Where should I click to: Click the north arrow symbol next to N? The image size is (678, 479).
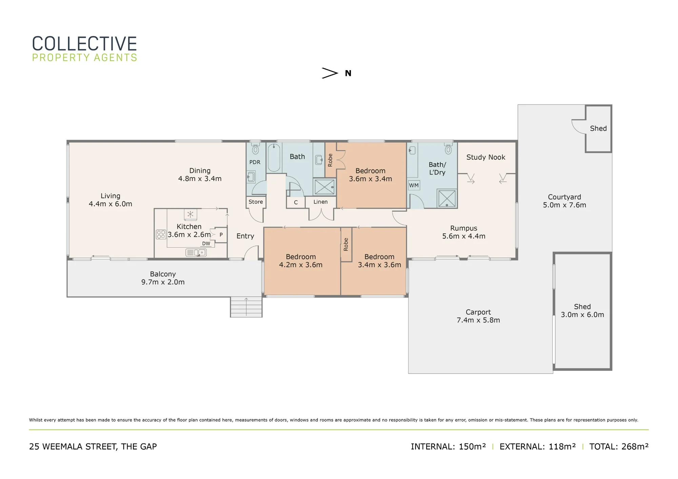tap(330, 73)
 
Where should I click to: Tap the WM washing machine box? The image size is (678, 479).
tap(414, 185)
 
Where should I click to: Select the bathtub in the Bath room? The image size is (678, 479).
tap(274, 158)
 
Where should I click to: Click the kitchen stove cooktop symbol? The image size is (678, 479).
tap(161, 234)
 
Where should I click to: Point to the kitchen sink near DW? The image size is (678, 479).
tap(196, 252)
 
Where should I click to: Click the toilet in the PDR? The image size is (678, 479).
tap(255, 148)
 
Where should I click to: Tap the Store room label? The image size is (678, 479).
tap(256, 202)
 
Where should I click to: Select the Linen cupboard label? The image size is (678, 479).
tap(320, 202)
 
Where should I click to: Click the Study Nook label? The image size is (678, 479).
tap(486, 157)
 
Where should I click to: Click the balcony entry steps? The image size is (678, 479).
tap(246, 307)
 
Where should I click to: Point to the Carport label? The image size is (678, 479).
tap(478, 312)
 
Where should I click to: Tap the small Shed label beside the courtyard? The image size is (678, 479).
tap(598, 128)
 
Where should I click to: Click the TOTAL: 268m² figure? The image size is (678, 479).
tap(619, 446)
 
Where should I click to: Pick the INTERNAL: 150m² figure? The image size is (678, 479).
tap(448, 446)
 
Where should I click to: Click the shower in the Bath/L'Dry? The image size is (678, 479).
tap(447, 198)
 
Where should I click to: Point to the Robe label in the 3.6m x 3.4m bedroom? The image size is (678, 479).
tap(330, 160)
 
